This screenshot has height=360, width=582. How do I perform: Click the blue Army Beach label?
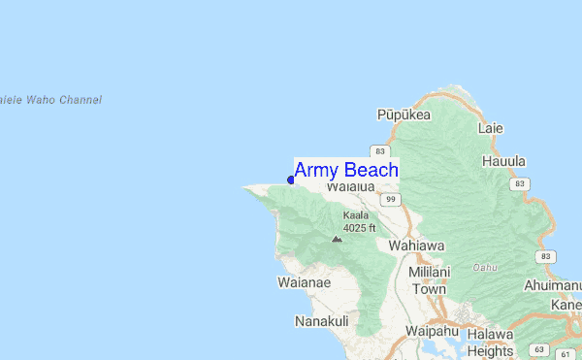(345, 171)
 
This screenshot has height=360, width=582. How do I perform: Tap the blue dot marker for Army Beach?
(291, 180)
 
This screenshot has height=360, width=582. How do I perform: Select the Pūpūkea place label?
(403, 115)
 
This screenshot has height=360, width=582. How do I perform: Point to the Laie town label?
(490, 127)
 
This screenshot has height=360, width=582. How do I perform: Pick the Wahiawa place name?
(415, 245)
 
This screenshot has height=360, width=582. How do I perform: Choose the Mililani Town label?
(427, 280)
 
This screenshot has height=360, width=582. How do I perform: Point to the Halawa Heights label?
(489, 342)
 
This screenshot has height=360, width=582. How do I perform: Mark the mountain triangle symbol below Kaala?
(337, 238)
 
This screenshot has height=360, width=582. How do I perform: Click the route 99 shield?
(391, 199)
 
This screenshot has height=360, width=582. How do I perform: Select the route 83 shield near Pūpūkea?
(379, 152)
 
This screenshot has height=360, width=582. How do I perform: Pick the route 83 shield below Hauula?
(522, 183)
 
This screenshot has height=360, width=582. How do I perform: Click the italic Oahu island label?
(485, 267)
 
